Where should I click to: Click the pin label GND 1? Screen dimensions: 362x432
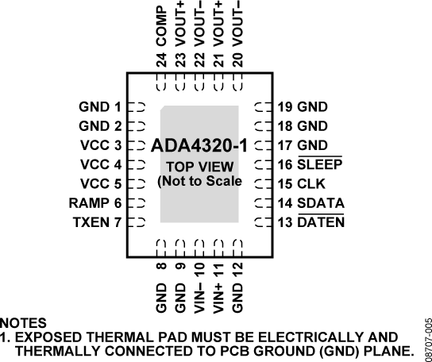[x=99, y=106]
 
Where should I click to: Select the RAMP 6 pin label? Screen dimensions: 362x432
[x=95, y=203]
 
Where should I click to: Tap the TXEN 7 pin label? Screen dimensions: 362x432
[x=96, y=222]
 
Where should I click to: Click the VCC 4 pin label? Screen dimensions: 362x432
[x=101, y=164]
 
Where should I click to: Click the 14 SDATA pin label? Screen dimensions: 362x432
[x=310, y=203]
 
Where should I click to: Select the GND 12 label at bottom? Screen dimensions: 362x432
[x=239, y=283]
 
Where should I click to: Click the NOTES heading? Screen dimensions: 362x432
[x=22, y=324]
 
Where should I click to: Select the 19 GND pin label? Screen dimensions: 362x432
[x=302, y=106]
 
